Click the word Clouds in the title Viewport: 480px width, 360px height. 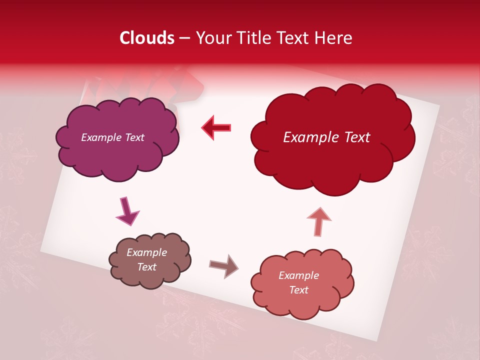[147, 38]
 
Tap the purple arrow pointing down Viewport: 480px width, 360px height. [126, 211]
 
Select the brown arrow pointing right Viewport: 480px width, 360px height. [223, 265]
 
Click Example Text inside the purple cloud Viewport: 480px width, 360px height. [112, 137]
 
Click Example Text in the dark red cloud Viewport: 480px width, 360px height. [326, 137]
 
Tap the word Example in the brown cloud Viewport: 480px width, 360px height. [146, 252]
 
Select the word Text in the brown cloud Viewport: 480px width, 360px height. [146, 267]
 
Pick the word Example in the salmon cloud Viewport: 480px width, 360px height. [298, 275]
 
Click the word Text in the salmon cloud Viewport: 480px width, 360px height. [298, 290]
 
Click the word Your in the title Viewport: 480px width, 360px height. [210, 38]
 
